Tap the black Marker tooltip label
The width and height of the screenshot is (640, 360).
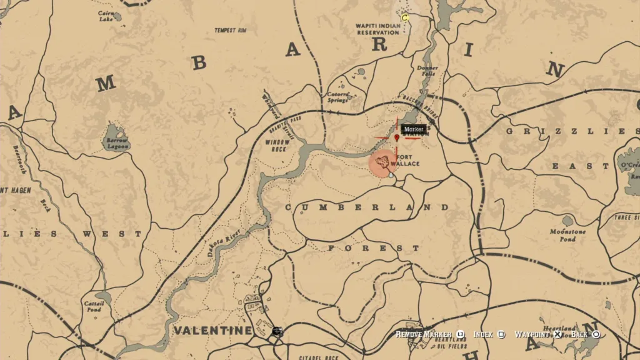tap(414, 129)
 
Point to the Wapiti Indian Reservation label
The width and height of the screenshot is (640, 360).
tap(377, 29)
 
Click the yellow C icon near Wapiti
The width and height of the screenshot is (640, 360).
tap(405, 18)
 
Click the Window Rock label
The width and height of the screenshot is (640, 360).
tap(277, 146)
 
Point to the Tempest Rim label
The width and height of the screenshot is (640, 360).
tap(231, 30)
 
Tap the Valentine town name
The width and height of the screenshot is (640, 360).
tap(212, 330)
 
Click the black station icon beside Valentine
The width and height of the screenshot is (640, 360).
tap(277, 332)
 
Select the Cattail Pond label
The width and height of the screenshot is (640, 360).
tap(93, 306)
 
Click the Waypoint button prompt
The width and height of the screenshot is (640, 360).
tap(537, 334)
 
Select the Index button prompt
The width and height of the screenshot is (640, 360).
tap(488, 334)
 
